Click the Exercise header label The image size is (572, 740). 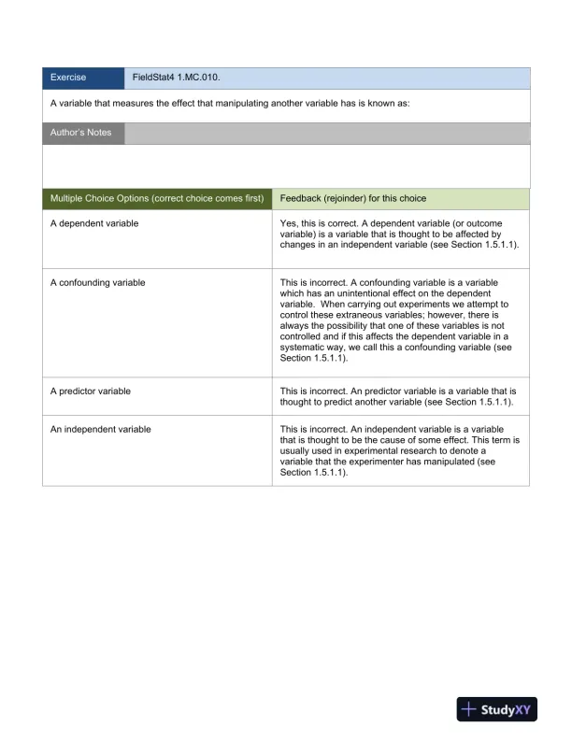click(67, 78)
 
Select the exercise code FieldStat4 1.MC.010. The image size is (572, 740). click(176, 78)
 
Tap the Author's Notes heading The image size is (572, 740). click(80, 133)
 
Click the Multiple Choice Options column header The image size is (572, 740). click(157, 199)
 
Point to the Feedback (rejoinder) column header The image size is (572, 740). click(353, 199)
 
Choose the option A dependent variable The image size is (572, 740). click(94, 224)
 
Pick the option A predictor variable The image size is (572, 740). click(91, 391)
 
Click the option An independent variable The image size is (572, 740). click(101, 429)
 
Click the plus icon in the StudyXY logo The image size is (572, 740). click(469, 710)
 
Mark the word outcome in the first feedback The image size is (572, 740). click(498, 224)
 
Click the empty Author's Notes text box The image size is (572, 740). click(286, 166)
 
